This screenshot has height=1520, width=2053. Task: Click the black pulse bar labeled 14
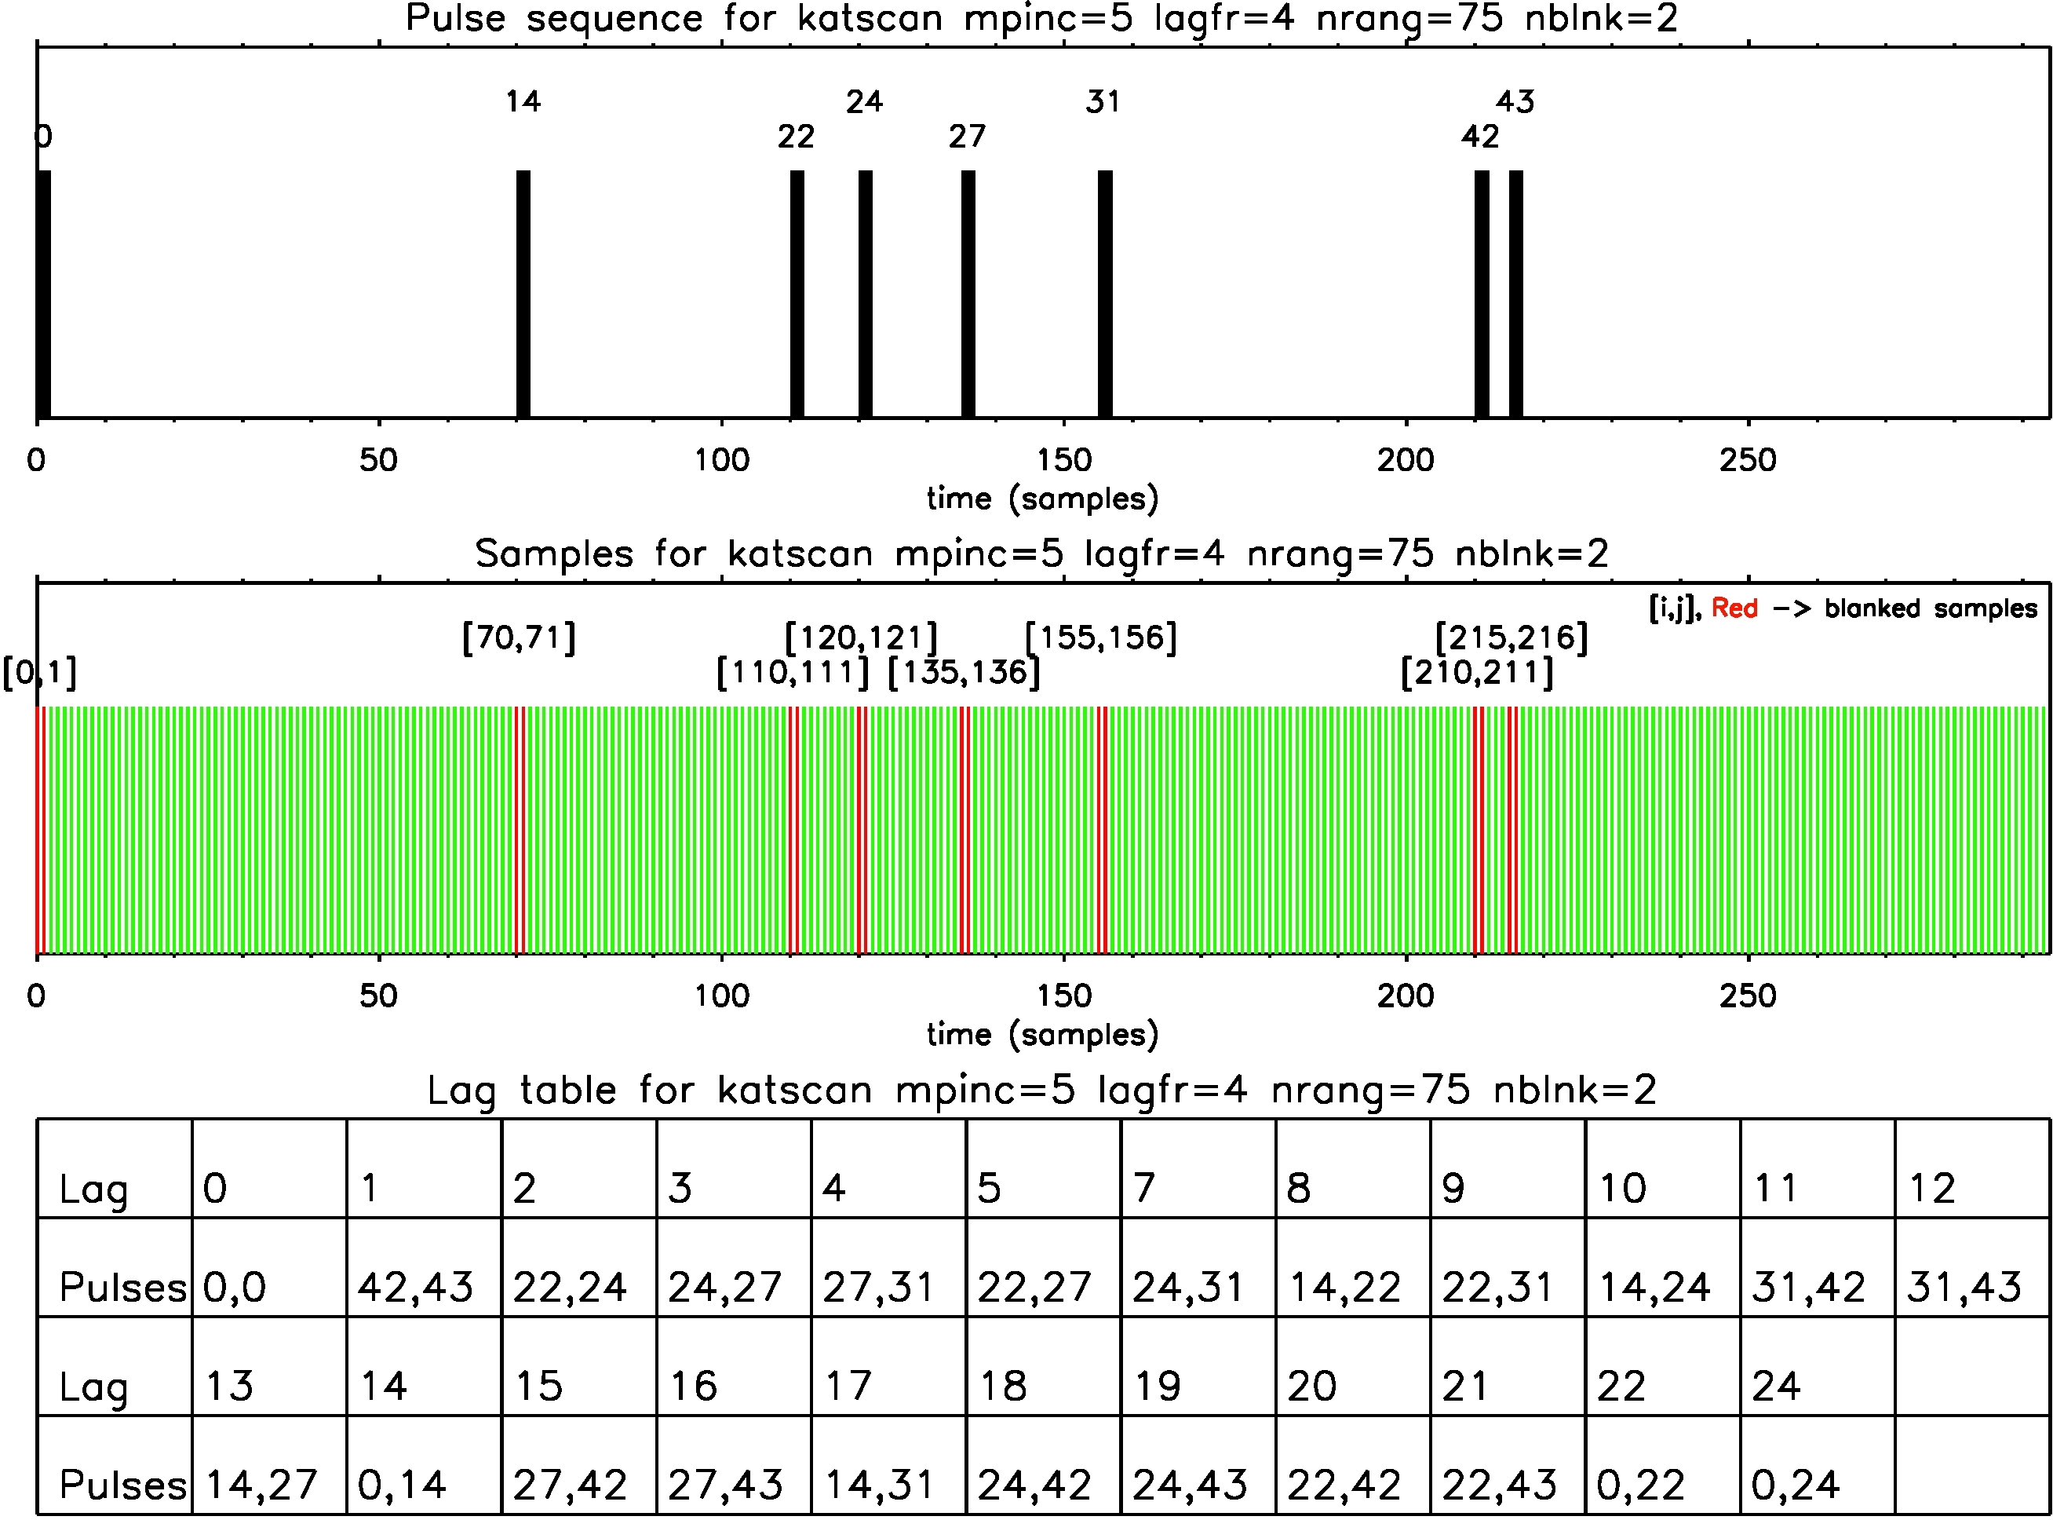[x=523, y=294]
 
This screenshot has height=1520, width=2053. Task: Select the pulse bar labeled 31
[x=1105, y=294]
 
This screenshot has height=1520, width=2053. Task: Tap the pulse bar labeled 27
[x=968, y=294]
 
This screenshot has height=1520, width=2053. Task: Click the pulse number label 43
[x=1514, y=101]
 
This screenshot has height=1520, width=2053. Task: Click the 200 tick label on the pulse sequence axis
[x=1405, y=460]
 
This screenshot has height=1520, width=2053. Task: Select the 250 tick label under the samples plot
[x=1747, y=996]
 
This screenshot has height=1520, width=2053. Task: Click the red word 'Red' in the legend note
[x=1734, y=608]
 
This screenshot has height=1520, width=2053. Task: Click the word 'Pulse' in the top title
[x=455, y=18]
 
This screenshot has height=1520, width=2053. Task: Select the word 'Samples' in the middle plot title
[x=554, y=554]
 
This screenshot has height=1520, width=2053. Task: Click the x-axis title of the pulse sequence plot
[x=1042, y=499]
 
